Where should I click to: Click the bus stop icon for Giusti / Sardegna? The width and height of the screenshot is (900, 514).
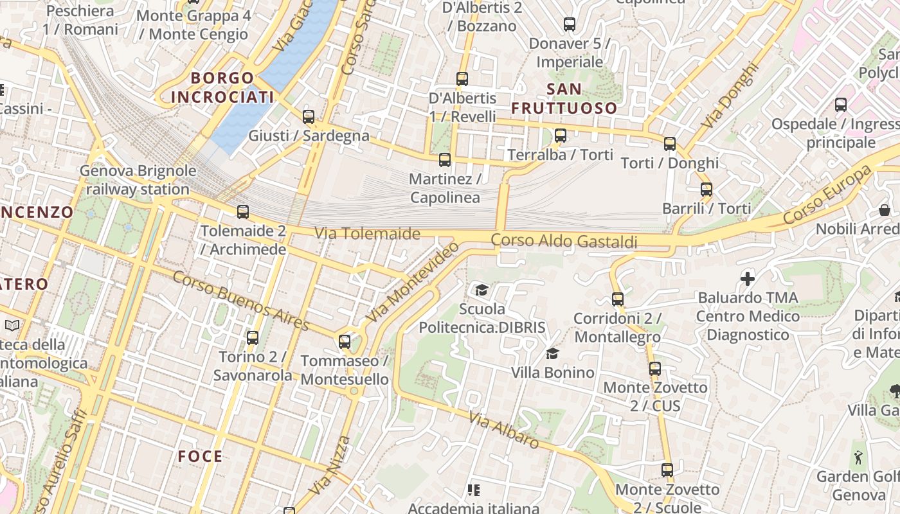point(309,117)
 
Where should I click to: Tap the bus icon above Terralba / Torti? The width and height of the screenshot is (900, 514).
point(561,136)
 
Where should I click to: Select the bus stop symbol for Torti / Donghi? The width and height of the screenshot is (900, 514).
point(670,144)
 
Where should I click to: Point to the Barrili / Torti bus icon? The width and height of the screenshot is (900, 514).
point(706,190)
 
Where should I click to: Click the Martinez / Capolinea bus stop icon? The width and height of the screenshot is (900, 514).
point(444,160)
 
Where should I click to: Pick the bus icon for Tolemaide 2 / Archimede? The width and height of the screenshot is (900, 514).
point(243,212)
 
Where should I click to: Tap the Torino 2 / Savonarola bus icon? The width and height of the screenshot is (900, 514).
point(253,337)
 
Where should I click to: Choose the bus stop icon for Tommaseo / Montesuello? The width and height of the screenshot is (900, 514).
point(345,342)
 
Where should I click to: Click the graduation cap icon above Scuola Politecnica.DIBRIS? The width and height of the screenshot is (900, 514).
point(482,290)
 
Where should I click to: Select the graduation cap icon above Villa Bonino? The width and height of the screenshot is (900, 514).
point(552,353)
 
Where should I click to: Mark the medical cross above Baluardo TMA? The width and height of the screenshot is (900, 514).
point(748,279)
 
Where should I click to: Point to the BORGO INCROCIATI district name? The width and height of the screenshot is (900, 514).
point(222,88)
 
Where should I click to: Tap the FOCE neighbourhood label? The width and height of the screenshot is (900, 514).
point(201,457)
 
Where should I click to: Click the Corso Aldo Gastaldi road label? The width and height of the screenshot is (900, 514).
point(564,242)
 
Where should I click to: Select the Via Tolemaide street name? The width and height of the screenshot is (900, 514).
point(367,233)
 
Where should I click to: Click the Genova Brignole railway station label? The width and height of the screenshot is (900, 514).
point(138,180)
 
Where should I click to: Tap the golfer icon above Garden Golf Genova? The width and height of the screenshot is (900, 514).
point(858,457)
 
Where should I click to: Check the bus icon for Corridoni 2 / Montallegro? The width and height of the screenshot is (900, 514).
point(618,299)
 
